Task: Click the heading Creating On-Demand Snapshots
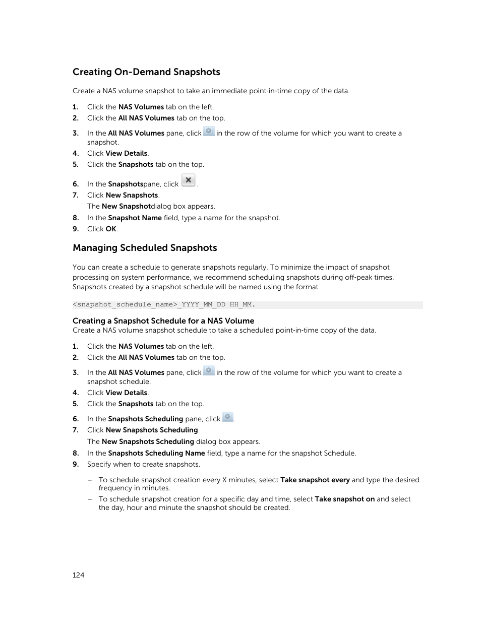coord(146,72)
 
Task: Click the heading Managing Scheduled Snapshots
coord(145,248)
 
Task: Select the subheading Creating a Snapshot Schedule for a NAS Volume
coord(163,321)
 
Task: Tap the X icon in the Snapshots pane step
coord(188,180)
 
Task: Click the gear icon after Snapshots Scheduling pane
coord(228,417)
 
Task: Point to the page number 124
coord(78,575)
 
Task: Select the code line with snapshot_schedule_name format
coord(164,305)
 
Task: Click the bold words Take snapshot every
coord(315,480)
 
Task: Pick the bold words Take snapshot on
coord(345,499)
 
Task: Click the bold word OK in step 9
coord(111,229)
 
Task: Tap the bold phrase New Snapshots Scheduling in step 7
coord(152,430)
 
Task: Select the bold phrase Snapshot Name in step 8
coord(135,218)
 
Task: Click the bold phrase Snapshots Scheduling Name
coord(156,454)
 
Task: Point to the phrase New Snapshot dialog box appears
coord(151,207)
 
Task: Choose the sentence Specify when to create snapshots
coord(144,465)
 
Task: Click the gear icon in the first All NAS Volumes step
coord(209,132)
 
